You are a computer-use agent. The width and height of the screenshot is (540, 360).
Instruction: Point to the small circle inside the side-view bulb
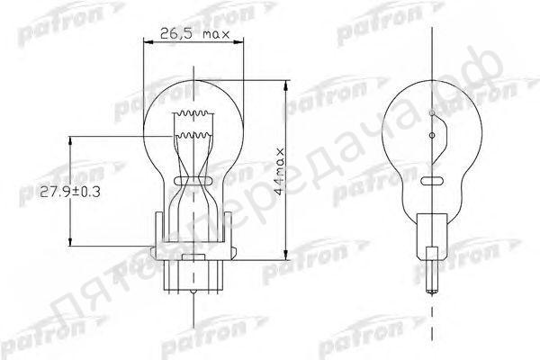tap(433, 136)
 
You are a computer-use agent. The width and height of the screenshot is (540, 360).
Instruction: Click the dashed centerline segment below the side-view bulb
tap(433, 319)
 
